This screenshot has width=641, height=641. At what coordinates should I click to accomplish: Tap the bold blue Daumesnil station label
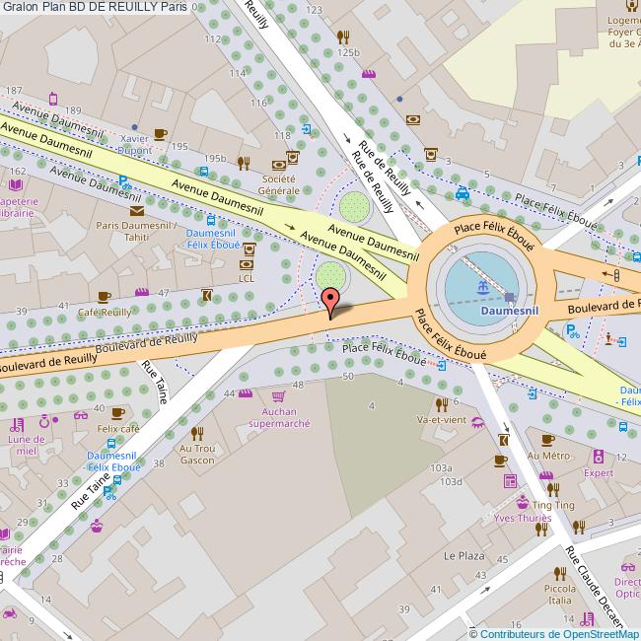[508, 310]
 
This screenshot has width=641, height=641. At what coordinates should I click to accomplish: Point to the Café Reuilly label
[105, 312]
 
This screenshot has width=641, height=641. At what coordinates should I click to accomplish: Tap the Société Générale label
[278, 184]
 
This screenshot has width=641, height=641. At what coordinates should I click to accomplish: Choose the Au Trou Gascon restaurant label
[196, 454]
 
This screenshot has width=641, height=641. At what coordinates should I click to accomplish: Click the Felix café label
[117, 430]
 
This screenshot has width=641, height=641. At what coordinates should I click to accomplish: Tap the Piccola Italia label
[559, 594]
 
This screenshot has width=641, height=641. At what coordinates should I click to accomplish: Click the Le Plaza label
[463, 555]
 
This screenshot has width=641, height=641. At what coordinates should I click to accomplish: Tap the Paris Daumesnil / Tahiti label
[136, 231]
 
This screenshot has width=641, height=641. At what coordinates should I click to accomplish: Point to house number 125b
[347, 51]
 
